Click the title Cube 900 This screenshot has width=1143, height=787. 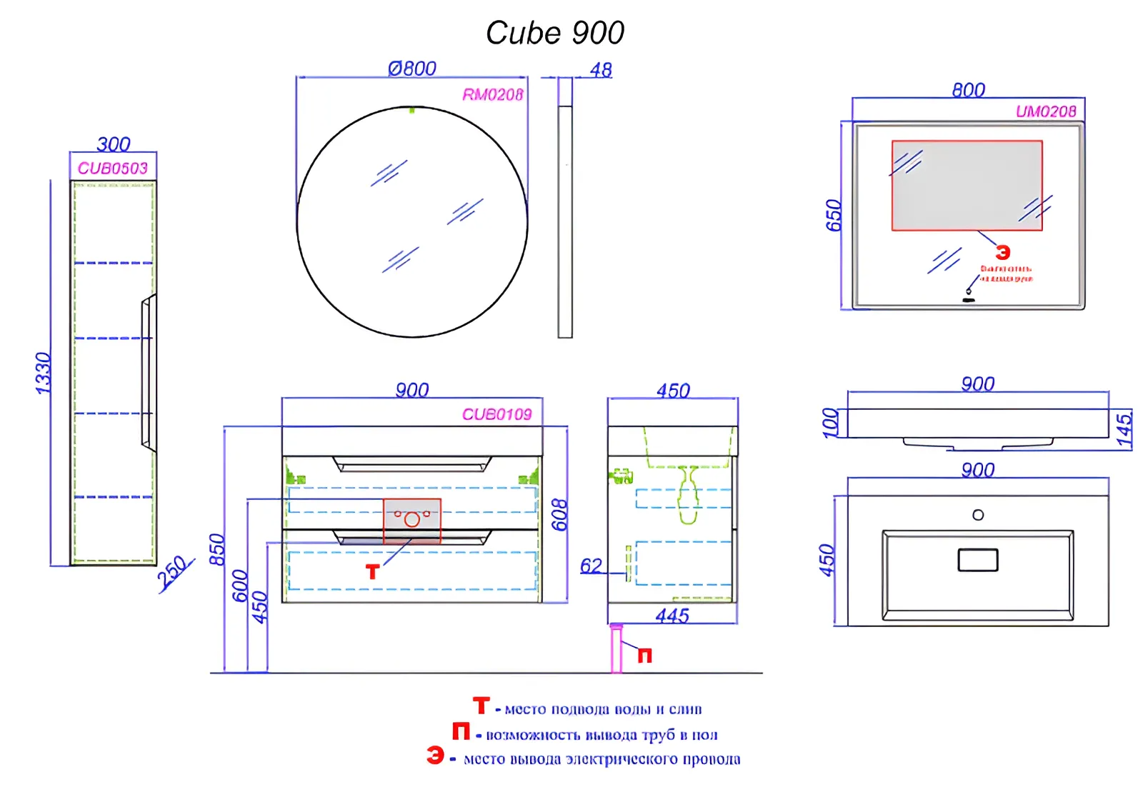(x=555, y=33)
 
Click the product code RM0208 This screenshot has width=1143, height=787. (x=493, y=95)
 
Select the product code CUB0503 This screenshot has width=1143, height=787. (x=113, y=169)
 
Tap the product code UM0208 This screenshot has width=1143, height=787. (x=1046, y=111)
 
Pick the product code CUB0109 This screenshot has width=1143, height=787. (x=497, y=414)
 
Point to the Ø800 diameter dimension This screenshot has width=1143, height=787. (x=412, y=69)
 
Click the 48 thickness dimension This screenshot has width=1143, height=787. (x=601, y=70)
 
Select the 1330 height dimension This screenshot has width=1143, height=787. (x=44, y=373)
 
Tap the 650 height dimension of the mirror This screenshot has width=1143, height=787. (x=834, y=216)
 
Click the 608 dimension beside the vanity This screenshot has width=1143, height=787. (x=559, y=515)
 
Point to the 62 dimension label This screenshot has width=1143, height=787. (x=591, y=566)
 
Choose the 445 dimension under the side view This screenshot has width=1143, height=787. (x=672, y=616)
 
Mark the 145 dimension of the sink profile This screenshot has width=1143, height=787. (x=1124, y=430)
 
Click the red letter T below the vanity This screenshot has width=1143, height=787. (x=372, y=572)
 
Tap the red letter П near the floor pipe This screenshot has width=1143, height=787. (x=644, y=656)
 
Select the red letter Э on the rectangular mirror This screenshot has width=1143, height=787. (x=1003, y=253)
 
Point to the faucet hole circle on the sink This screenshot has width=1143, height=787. (x=978, y=515)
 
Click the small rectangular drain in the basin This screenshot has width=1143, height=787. (x=978, y=560)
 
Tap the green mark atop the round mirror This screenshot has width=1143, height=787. (x=412, y=110)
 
